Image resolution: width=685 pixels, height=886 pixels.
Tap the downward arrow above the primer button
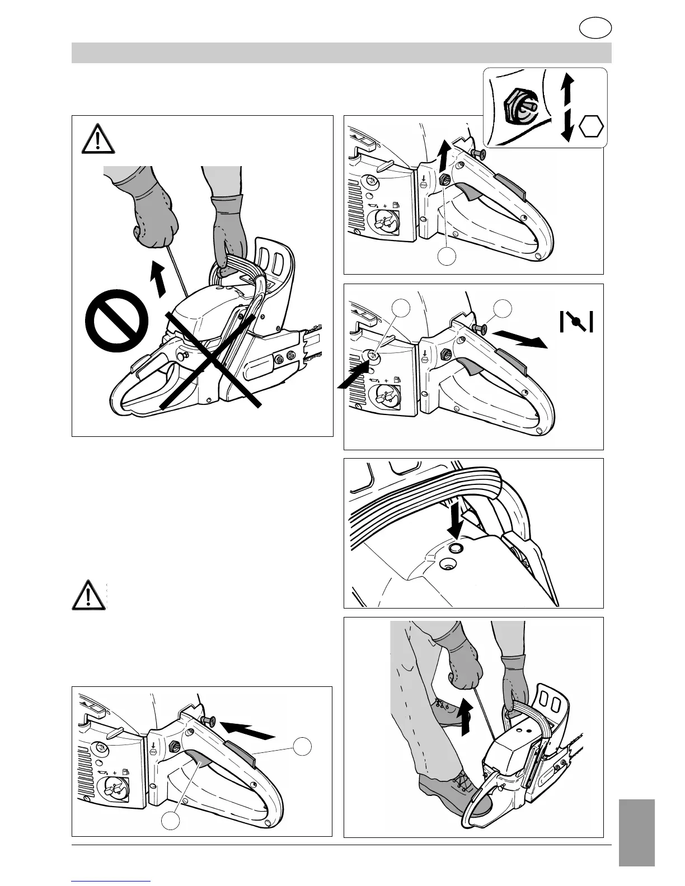coord(456,520)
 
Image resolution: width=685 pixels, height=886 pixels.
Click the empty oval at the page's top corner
coord(595,29)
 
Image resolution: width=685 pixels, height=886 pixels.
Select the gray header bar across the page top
coord(341,53)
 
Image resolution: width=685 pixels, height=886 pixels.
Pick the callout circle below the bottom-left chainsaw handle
coord(171,821)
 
